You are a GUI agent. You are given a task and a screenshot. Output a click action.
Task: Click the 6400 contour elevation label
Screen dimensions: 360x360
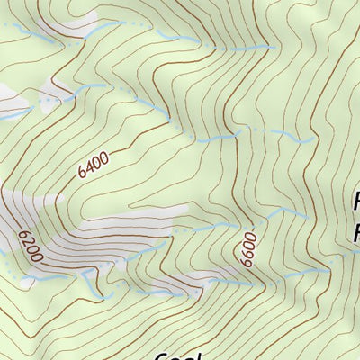click(x=93, y=165)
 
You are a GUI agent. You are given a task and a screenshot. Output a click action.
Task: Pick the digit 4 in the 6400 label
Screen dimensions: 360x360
click(x=88, y=167)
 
